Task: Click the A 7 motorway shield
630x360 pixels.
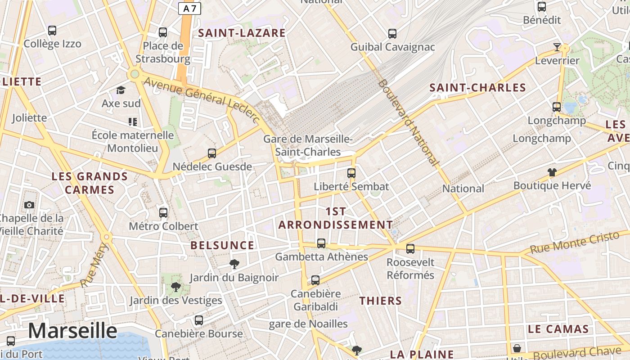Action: click(189, 8)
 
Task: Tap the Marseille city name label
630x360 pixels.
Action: click(72, 331)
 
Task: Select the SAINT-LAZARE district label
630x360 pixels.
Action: click(242, 33)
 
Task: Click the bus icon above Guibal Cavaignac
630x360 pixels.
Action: click(392, 33)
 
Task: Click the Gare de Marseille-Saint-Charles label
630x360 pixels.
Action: click(308, 145)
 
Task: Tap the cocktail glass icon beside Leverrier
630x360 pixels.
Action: click(557, 47)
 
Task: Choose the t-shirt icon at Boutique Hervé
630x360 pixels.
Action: click(552, 172)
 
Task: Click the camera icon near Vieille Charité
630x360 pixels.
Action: click(29, 205)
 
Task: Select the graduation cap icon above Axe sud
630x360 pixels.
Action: click(121, 90)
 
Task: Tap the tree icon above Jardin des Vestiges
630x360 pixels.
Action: click(175, 287)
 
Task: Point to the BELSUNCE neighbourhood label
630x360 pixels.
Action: click(222, 245)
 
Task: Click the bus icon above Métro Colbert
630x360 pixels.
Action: click(163, 212)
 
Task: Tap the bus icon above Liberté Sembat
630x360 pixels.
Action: click(351, 173)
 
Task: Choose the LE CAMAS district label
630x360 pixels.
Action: click(558, 329)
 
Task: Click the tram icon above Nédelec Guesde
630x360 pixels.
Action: click(212, 153)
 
